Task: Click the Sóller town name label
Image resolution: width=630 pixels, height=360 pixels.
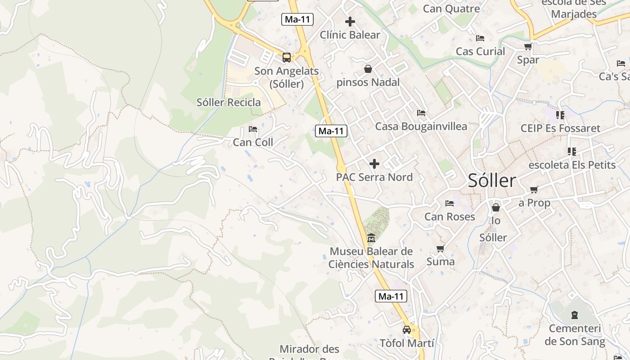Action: tap(492, 180)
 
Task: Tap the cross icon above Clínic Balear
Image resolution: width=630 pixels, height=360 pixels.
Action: tap(350, 21)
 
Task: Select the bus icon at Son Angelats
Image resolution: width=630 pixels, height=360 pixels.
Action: tap(287, 57)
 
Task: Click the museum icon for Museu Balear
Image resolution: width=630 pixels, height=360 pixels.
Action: tap(371, 238)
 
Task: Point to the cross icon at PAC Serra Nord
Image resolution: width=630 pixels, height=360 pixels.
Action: tap(374, 163)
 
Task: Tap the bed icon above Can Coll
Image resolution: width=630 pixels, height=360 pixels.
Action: tap(253, 129)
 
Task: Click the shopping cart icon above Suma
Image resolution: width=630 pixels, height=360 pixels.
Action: tap(441, 248)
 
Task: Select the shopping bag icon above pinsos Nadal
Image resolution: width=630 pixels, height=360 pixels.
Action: tap(368, 69)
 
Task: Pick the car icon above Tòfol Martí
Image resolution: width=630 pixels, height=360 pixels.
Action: tap(407, 330)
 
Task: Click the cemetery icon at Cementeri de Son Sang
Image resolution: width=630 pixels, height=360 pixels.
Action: tap(575, 315)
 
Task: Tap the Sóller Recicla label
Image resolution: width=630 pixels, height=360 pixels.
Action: tap(229, 102)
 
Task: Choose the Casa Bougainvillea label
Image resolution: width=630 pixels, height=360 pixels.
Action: tap(421, 126)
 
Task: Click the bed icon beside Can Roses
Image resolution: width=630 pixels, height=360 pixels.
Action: tap(450, 203)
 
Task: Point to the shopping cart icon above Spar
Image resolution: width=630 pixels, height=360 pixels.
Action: tap(528, 46)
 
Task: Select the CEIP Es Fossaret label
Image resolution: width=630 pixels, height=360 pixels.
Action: tap(560, 128)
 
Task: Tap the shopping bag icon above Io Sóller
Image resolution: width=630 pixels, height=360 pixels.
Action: tap(495, 207)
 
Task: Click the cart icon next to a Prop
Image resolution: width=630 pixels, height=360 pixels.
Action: tap(534, 190)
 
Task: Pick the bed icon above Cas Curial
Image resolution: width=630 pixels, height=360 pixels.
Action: tap(480, 38)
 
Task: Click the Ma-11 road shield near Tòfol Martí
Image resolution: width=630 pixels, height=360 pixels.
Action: tap(391, 296)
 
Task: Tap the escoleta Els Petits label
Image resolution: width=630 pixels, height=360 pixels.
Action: tap(572, 165)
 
